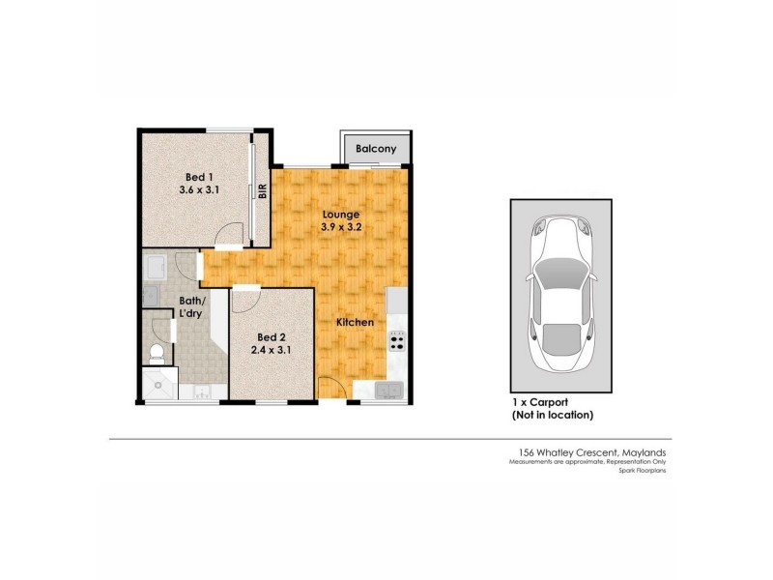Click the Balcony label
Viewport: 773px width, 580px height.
(x=375, y=149)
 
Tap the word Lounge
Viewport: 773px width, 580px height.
(x=342, y=214)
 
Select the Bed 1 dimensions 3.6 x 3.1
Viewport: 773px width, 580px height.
(x=200, y=190)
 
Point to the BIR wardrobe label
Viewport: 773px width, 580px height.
(x=262, y=190)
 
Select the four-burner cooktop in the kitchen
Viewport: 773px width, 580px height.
(x=396, y=340)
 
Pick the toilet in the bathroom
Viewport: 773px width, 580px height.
(x=157, y=354)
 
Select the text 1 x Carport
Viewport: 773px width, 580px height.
(x=540, y=402)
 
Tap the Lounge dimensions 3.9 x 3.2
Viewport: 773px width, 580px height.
(x=342, y=227)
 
